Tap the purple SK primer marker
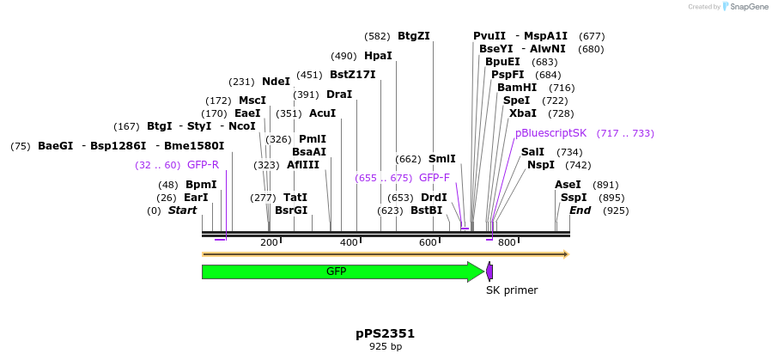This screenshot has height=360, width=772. click(489, 272)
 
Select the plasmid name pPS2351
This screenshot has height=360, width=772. click(386, 333)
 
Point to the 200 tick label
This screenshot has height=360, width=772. click(270, 243)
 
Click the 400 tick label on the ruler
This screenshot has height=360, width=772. click(349, 243)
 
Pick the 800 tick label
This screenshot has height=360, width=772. click(507, 243)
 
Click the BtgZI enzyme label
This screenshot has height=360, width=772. click(414, 36)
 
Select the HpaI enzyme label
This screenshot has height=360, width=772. click(378, 56)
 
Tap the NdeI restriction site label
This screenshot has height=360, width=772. click(277, 82)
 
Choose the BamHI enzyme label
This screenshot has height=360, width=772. click(517, 88)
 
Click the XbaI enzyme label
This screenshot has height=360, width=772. click(523, 113)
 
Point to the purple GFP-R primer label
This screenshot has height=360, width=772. click(203, 165)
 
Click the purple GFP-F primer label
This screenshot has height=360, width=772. click(435, 178)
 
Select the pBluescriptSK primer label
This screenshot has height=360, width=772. click(551, 133)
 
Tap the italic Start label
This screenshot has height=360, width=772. click(182, 211)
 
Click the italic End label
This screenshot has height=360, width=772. click(580, 211)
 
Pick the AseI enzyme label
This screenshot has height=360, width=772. click(568, 185)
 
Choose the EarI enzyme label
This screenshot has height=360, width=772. click(196, 198)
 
